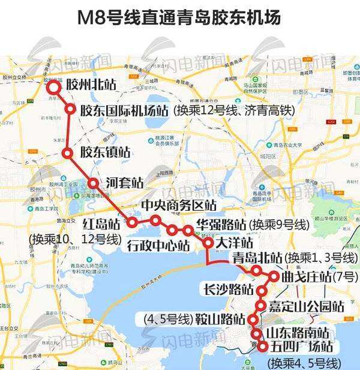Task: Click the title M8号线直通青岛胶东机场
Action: pyautogui.click(x=179, y=17)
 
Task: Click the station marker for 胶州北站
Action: pyautogui.click(x=55, y=87)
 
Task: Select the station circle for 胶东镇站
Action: pyautogui.click(x=68, y=153)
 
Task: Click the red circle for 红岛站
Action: pyautogui.click(x=132, y=222)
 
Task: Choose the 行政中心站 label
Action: pyautogui.click(x=158, y=245)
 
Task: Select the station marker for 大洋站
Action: pyautogui.click(x=208, y=243)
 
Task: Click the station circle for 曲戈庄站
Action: pyautogui.click(x=274, y=277)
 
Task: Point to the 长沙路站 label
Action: pyautogui.click(x=229, y=289)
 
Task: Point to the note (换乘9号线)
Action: pyautogui.click(x=279, y=225)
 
